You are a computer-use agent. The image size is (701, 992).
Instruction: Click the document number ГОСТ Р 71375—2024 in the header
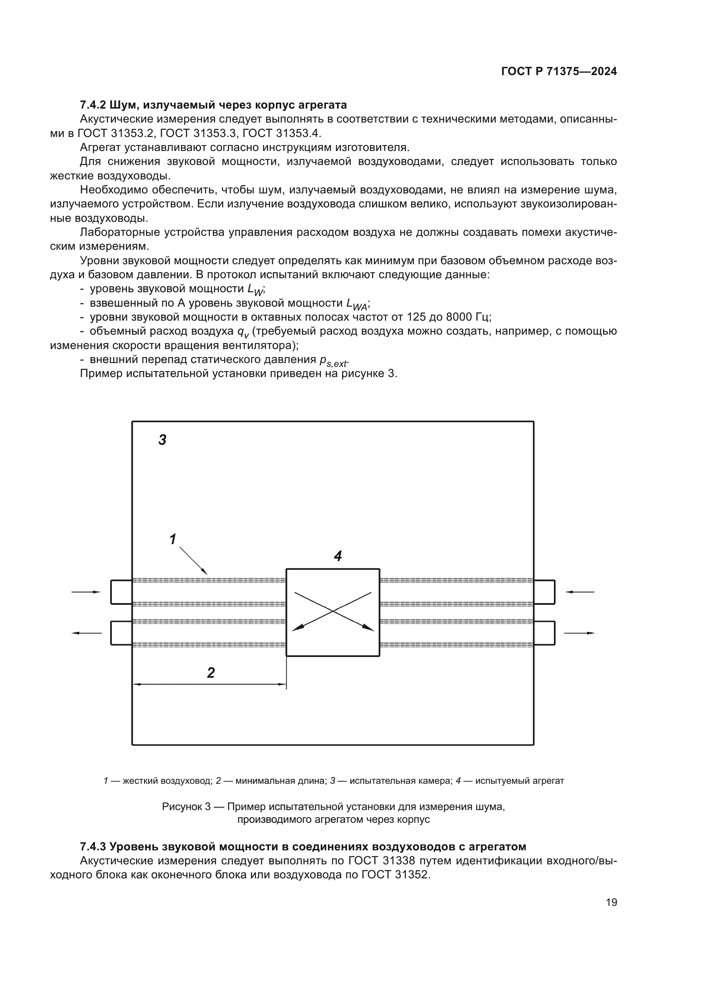click(x=559, y=72)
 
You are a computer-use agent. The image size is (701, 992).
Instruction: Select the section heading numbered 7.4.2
click(x=213, y=105)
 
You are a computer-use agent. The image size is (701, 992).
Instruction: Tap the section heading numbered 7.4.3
click(x=303, y=846)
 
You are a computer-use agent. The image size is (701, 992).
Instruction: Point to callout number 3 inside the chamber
click(x=162, y=440)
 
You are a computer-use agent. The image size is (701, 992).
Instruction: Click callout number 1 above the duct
click(x=173, y=539)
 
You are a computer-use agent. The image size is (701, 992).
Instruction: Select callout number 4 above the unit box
click(x=338, y=556)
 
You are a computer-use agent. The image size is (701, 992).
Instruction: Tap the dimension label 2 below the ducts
click(x=211, y=673)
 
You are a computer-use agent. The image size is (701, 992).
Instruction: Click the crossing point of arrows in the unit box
click(x=333, y=611)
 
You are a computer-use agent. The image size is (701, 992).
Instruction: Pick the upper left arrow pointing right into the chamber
click(x=86, y=592)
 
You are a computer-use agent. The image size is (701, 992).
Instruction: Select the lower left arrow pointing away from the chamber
click(x=86, y=633)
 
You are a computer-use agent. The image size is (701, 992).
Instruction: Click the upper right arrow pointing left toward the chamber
click(x=579, y=592)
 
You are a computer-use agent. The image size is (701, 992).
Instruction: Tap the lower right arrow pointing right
click(x=579, y=633)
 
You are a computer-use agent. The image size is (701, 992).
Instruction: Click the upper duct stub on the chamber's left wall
click(x=121, y=592)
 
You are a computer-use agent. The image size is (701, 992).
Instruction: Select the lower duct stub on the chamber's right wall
click(x=544, y=633)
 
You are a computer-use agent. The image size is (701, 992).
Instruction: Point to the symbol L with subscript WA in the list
click(x=356, y=304)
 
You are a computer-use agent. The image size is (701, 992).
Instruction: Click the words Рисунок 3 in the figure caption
click(x=186, y=807)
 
